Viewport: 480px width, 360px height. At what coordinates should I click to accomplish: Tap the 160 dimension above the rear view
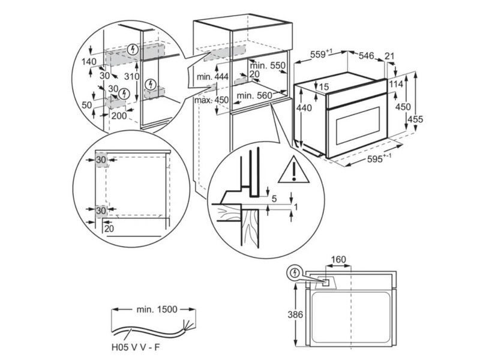(x=339, y=260)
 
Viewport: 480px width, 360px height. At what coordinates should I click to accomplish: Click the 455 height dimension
(x=414, y=119)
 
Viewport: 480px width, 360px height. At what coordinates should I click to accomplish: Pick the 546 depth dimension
(x=366, y=56)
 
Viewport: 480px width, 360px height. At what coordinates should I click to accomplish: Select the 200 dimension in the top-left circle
(x=119, y=116)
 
